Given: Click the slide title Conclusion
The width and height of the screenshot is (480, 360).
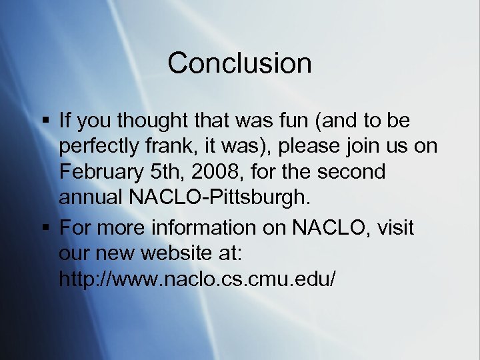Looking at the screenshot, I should click(239, 63).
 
